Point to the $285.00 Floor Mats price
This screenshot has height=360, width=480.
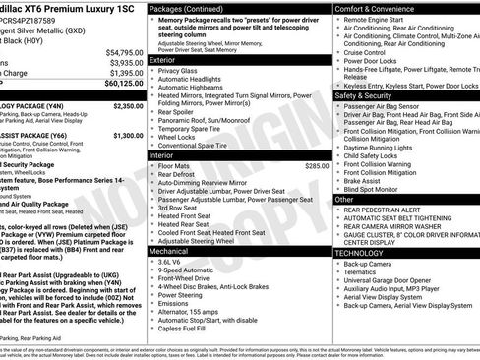click(317, 166)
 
